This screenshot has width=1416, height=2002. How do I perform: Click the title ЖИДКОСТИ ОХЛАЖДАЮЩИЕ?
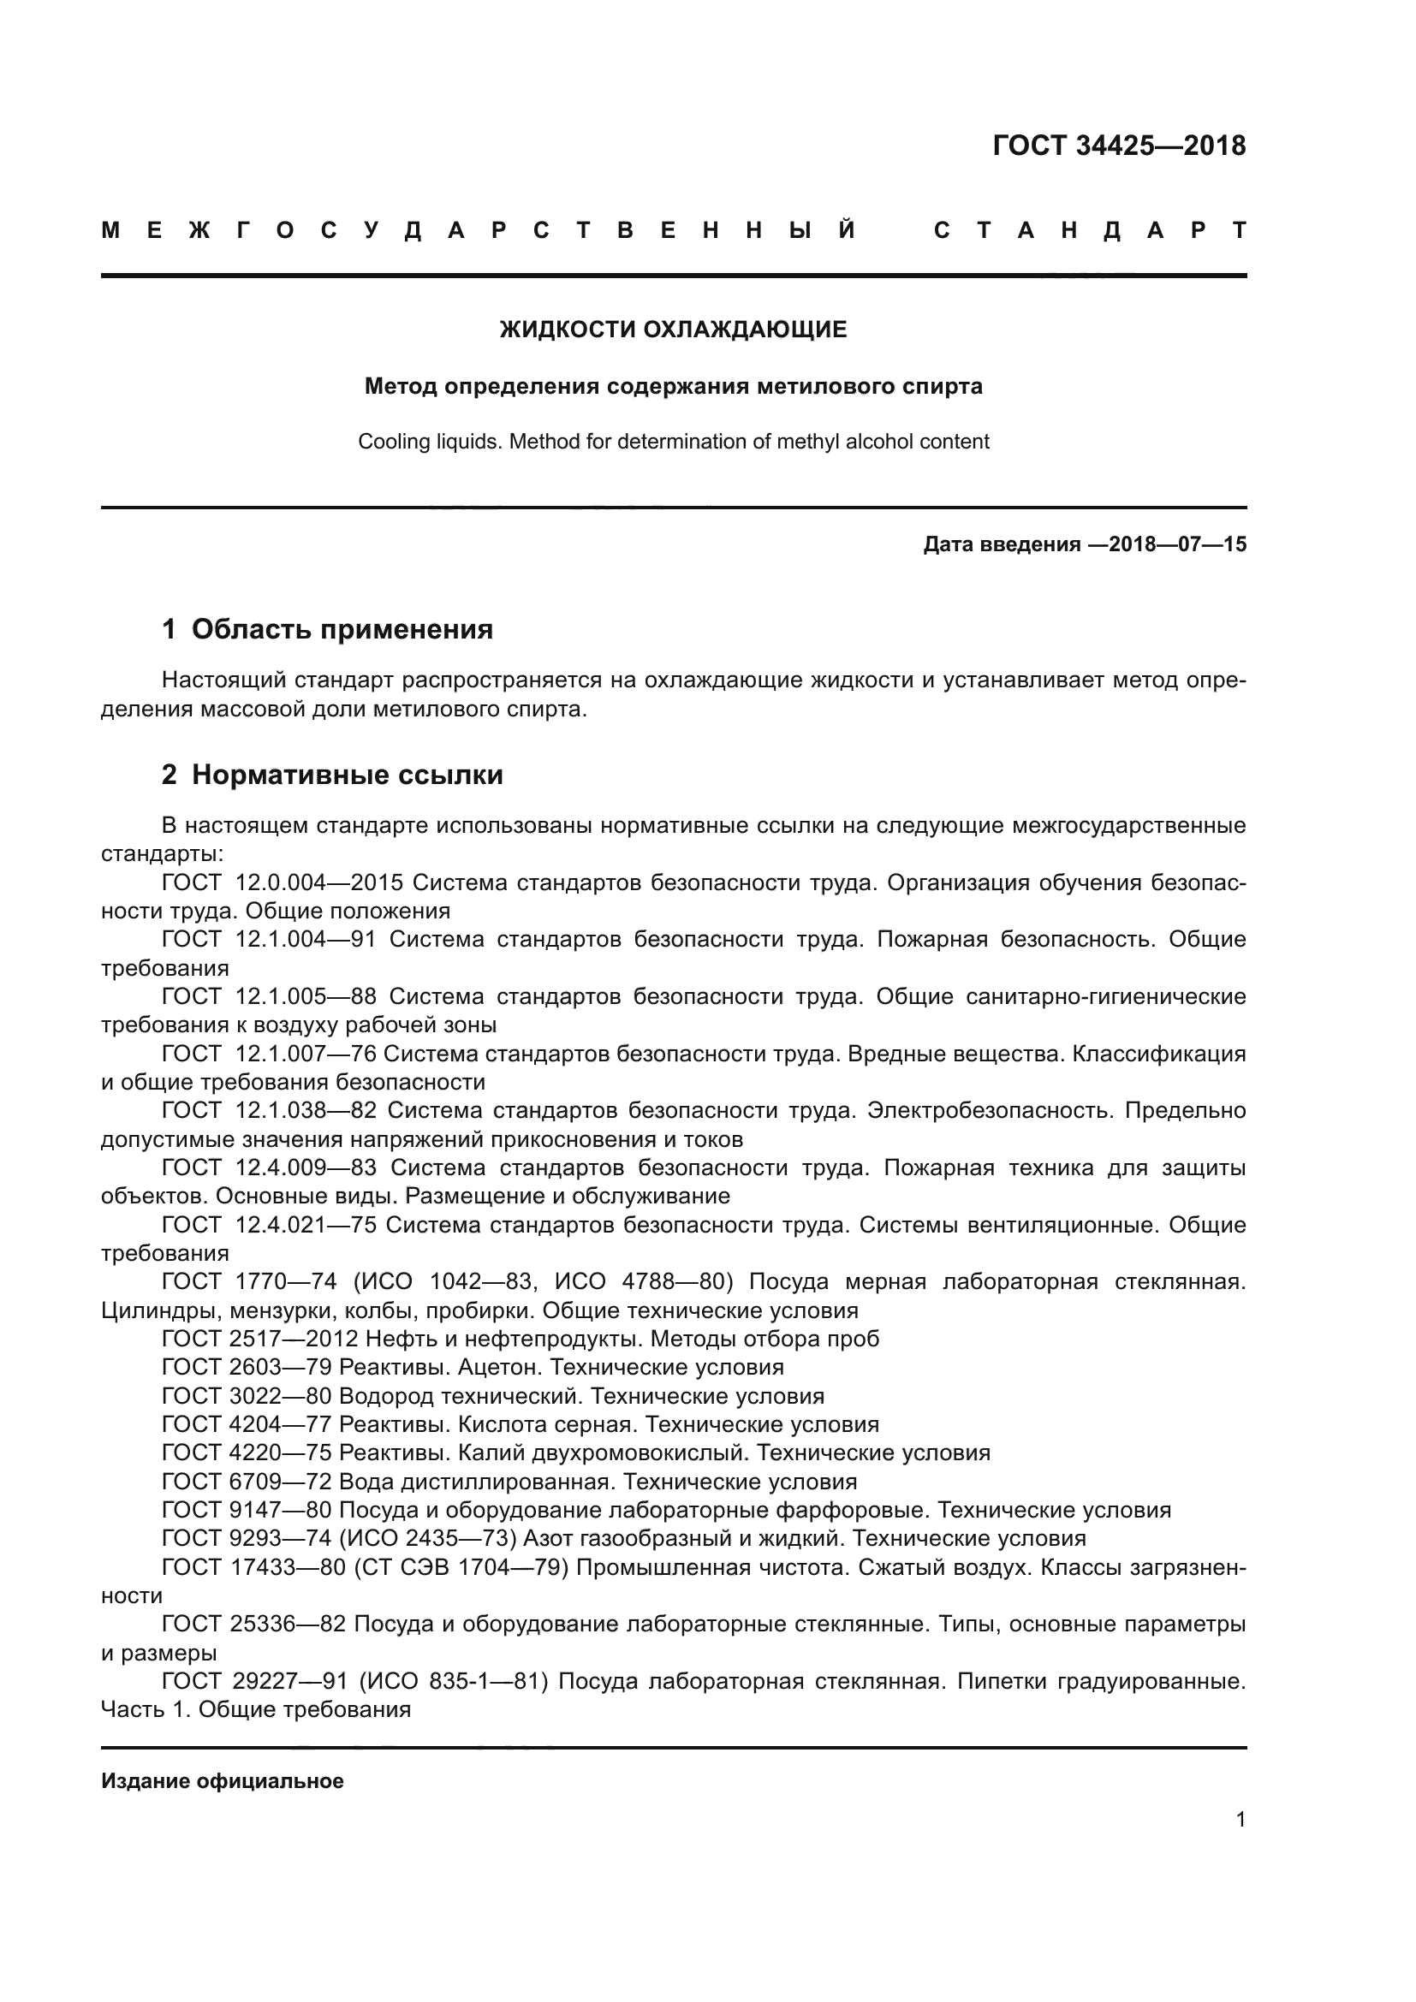click(672, 330)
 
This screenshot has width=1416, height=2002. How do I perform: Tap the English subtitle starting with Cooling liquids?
click(672, 441)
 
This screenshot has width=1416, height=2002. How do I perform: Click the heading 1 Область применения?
click(327, 630)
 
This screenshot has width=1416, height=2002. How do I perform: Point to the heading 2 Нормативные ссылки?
click(332, 775)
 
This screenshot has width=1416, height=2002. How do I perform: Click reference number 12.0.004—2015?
click(319, 882)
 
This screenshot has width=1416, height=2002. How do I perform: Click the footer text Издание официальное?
click(223, 1781)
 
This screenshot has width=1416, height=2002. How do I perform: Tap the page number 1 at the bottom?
click(1240, 1837)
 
